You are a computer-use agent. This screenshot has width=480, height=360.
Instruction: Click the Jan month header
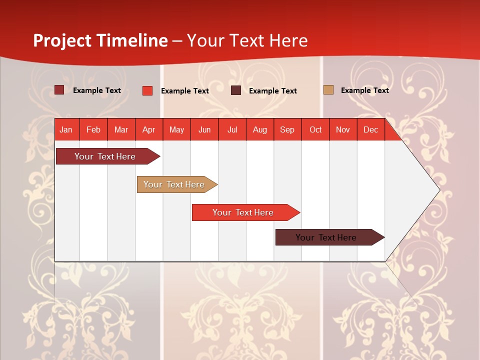click(66, 129)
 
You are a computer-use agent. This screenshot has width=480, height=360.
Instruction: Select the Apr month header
click(149, 129)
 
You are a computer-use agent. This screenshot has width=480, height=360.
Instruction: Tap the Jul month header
click(232, 129)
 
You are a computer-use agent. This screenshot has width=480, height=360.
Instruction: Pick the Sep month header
click(287, 129)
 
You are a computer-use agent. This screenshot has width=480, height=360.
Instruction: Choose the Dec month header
click(370, 129)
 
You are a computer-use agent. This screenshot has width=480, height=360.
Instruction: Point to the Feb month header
click(93, 129)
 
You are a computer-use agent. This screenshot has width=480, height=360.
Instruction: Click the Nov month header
click(343, 129)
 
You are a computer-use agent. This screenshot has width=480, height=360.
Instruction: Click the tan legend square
click(328, 90)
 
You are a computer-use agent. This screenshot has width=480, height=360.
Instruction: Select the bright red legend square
click(147, 90)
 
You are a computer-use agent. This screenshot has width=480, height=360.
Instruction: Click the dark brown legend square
click(236, 90)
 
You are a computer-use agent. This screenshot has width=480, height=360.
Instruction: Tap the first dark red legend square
click(59, 90)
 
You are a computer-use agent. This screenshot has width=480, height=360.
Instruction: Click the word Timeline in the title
click(131, 40)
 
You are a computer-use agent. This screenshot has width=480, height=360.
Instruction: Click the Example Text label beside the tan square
click(364, 90)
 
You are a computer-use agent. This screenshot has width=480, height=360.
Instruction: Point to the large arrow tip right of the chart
click(425, 190)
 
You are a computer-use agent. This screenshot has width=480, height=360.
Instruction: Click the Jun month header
click(204, 129)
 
